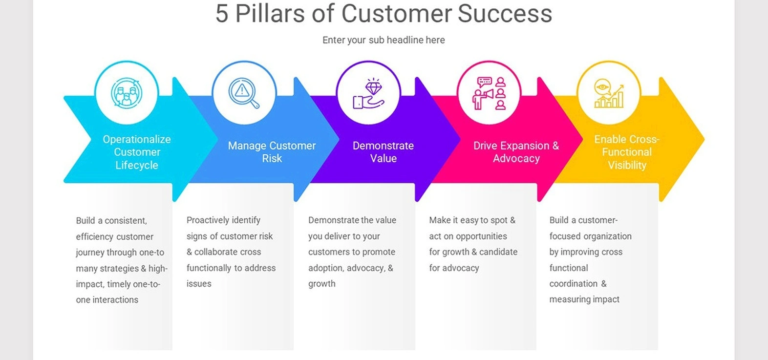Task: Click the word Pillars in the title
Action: point(270,14)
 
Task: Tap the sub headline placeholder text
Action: point(384,40)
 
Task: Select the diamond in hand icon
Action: point(368,94)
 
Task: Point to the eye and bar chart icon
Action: point(609,93)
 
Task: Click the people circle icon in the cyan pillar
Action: point(127,93)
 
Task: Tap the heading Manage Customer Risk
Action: point(272,152)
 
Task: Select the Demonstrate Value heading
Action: point(384,152)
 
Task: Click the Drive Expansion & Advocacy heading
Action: point(516,152)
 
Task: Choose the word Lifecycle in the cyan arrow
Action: point(136,165)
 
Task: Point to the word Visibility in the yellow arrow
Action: point(627,165)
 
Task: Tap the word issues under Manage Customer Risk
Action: point(199,284)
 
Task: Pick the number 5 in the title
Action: point(222,14)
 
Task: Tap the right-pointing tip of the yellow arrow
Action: point(704,139)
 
